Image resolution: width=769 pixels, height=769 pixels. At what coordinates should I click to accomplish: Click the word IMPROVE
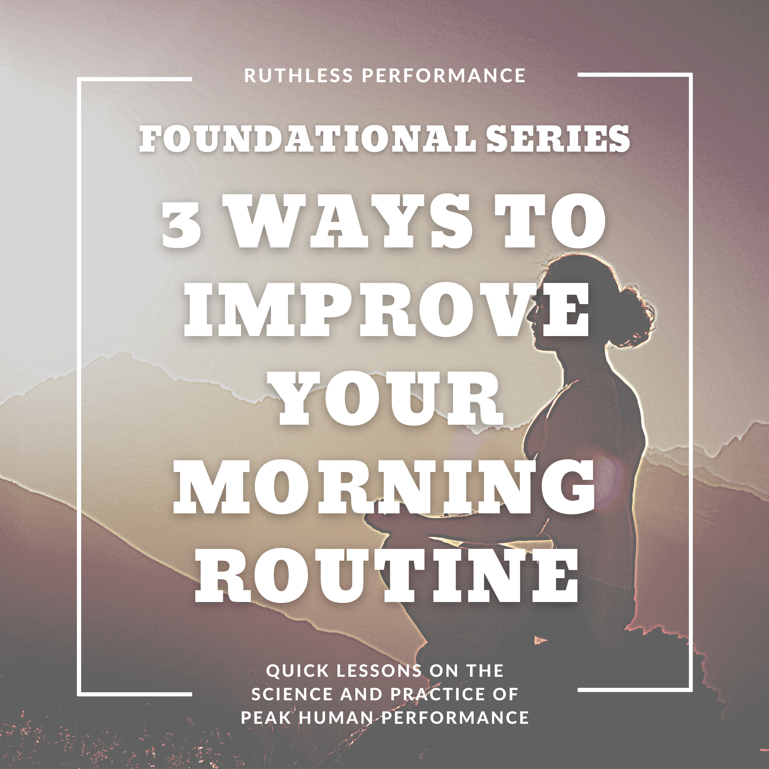[386, 309]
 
